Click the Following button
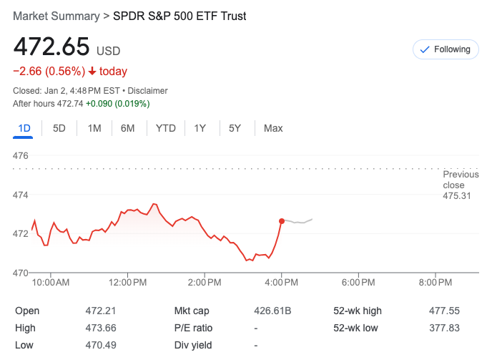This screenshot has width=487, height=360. point(446,49)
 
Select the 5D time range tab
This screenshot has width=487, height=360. point(59,128)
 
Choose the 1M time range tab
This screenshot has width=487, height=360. point(94,128)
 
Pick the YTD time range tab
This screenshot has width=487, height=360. point(166,128)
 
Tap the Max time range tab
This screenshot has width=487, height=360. point(273,128)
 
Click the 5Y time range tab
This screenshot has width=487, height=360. point(235,128)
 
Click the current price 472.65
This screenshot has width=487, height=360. point(51,48)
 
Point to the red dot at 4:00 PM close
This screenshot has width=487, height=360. point(282,221)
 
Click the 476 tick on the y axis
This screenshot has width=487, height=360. point(21,155)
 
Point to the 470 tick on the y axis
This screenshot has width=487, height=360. point(21,273)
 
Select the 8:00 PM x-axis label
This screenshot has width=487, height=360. point(436,283)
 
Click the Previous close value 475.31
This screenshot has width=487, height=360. point(457,196)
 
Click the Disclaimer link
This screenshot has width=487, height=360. point(148,91)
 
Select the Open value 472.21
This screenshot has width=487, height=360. point(100,311)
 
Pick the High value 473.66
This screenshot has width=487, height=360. point(100,328)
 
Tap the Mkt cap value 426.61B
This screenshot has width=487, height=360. point(272,311)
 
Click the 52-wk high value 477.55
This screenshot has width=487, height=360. point(445,311)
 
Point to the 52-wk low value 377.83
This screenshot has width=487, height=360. point(445,328)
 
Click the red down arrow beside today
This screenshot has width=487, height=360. point(92,71)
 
